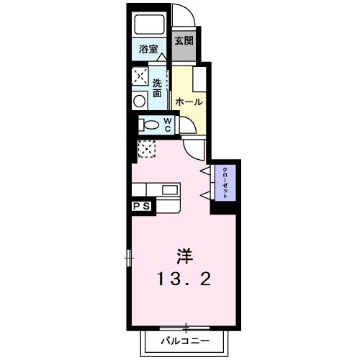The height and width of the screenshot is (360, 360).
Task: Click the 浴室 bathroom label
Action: (150, 50)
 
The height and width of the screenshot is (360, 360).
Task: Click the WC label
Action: (167, 125)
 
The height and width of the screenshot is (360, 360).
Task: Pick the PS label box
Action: (142, 207)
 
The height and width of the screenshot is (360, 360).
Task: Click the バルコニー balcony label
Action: (185, 340)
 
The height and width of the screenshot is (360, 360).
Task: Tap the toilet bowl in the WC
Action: (150, 125)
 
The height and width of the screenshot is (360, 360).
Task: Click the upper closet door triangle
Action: (205, 170)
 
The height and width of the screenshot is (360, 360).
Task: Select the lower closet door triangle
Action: (205, 195)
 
